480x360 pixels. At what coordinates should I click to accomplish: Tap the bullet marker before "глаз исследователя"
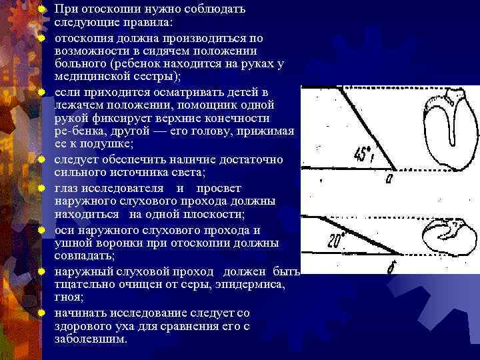click(x=41, y=189)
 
